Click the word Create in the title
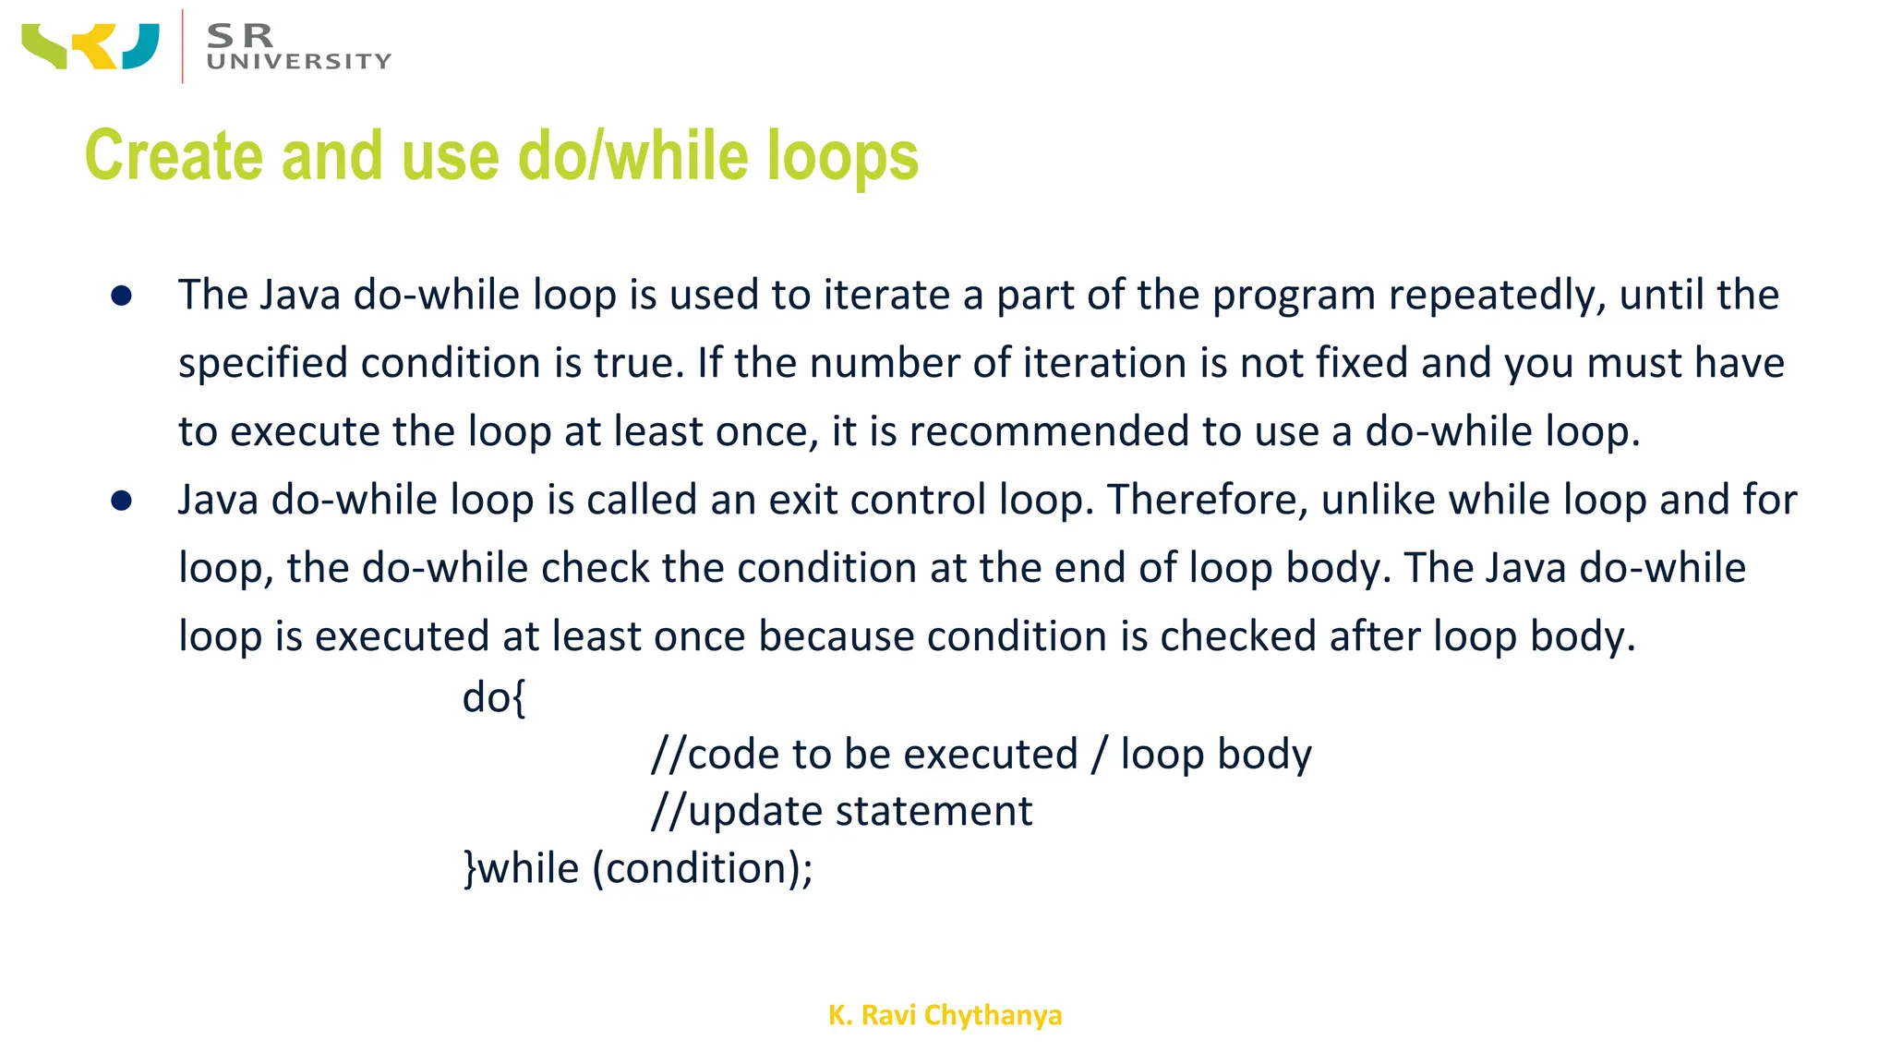click(175, 155)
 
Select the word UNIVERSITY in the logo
click(299, 62)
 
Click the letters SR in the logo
click(240, 35)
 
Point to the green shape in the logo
click(44, 46)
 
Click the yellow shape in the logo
click(98, 46)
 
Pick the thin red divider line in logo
click(183, 46)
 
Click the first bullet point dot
click(121, 296)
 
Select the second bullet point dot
click(121, 501)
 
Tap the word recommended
click(1049, 432)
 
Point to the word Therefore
click(1207, 501)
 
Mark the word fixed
click(1362, 363)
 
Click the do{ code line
click(494, 697)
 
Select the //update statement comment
click(841, 812)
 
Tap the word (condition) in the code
click(696, 869)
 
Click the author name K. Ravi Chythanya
click(945, 1015)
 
